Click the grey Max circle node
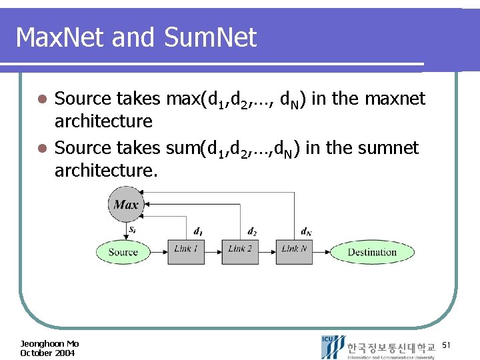pyautogui.click(x=126, y=204)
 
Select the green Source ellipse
pyautogui.click(x=123, y=252)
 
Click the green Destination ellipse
pyautogui.click(x=371, y=252)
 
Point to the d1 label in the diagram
pyautogui.click(x=198, y=231)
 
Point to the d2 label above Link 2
pyautogui.click(x=252, y=231)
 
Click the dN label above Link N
pyautogui.click(x=306, y=231)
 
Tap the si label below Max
pyautogui.click(x=133, y=229)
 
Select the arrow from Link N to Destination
pyautogui.click(x=321, y=252)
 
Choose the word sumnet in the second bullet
pyautogui.click(x=389, y=147)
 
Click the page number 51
pyautogui.click(x=447, y=345)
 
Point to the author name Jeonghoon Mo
pyautogui.click(x=49, y=344)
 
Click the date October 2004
pyautogui.click(x=47, y=353)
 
